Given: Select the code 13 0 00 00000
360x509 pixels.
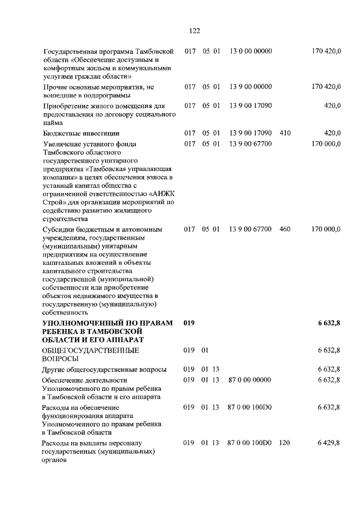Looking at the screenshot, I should pyautogui.click(x=251, y=51).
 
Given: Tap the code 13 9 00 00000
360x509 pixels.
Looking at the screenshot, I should pyautogui.click(x=251, y=87).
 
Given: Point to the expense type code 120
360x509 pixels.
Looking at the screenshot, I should pyautogui.click(x=284, y=443).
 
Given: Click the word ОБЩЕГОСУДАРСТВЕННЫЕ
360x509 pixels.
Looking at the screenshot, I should pyautogui.click(x=83, y=350).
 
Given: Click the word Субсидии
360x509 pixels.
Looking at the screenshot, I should pyautogui.click(x=58, y=229).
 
